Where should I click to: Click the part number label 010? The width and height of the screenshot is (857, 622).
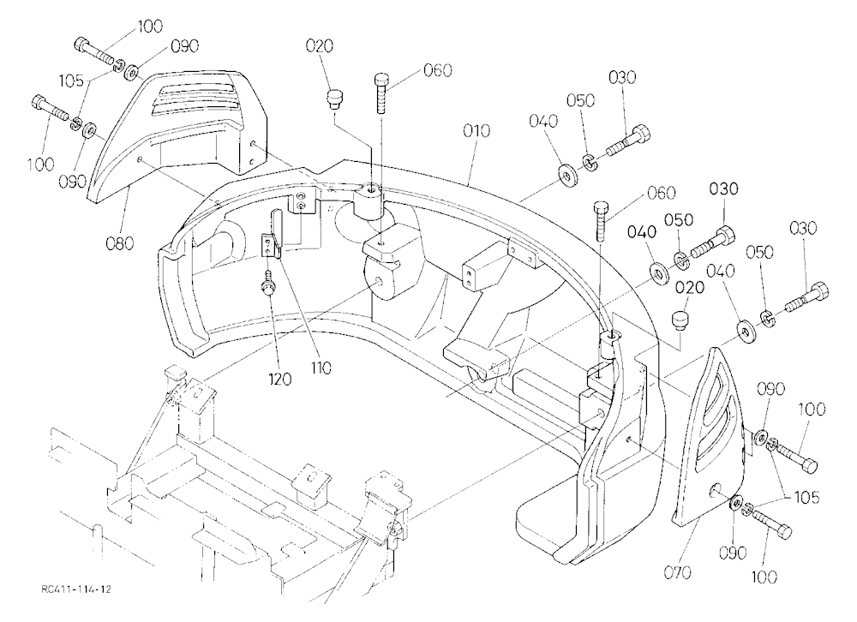[476, 131]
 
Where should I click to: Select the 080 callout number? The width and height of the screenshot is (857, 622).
[119, 242]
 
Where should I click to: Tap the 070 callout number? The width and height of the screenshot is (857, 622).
[678, 572]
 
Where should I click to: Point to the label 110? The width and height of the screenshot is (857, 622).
[321, 368]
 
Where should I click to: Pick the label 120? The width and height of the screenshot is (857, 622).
[280, 378]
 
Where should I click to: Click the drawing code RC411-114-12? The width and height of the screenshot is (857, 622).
[76, 589]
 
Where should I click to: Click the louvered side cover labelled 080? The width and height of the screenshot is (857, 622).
[179, 135]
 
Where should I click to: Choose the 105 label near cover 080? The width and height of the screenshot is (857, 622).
[72, 81]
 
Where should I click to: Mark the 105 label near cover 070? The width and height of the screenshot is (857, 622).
[806, 498]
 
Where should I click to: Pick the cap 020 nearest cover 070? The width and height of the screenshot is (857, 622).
[680, 320]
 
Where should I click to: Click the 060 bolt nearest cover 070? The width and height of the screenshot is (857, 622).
[600, 221]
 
